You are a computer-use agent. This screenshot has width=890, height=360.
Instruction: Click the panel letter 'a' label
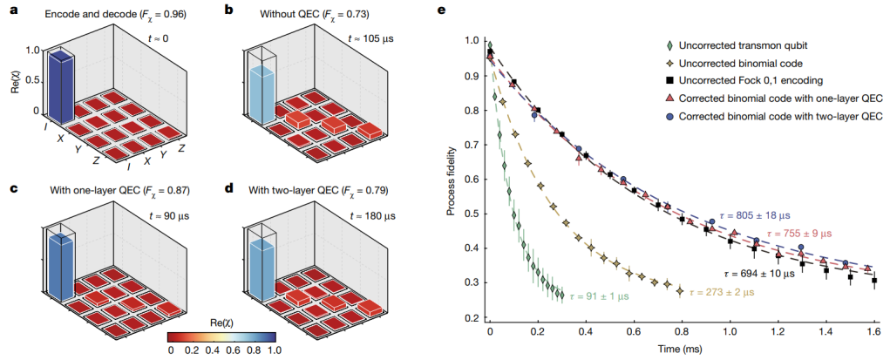pos(8,10)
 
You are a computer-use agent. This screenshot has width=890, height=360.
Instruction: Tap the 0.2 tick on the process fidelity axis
pos(471,317)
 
